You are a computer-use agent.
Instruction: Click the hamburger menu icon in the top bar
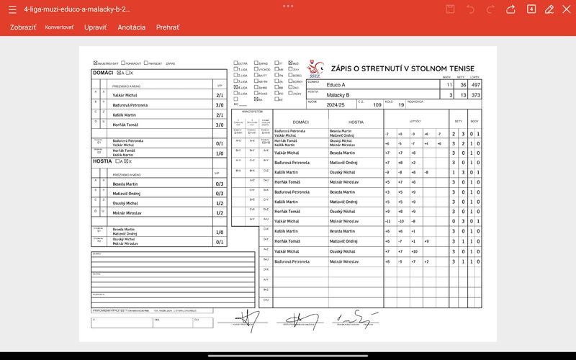click(11, 9)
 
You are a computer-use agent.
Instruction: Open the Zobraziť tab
click(22, 27)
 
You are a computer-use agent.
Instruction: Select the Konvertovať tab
click(59, 27)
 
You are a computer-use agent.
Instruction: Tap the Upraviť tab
click(95, 27)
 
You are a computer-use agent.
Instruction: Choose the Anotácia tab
click(131, 27)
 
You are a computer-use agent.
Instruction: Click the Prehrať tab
click(168, 27)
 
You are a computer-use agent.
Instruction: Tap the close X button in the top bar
click(565, 9)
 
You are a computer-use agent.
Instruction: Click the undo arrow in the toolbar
click(471, 9)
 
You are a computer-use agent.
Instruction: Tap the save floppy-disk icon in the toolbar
click(451, 9)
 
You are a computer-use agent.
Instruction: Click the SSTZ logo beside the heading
click(316, 68)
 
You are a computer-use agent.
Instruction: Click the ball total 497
click(475, 85)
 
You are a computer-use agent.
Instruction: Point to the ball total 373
click(475, 95)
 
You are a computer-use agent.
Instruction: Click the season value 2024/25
click(336, 104)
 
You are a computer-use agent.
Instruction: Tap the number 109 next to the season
click(377, 105)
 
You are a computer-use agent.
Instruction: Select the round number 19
click(401, 105)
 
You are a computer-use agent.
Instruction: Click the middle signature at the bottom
click(297, 317)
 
